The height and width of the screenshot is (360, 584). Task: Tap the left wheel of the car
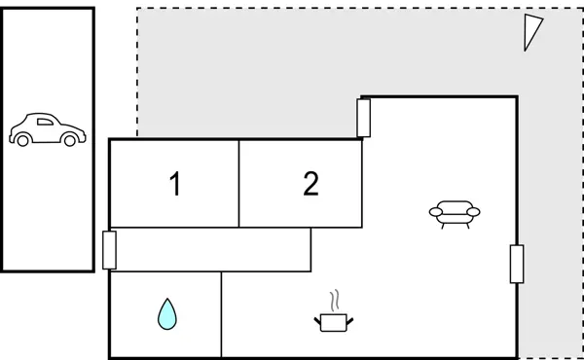click(x=23, y=141)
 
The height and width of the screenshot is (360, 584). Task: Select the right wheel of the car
click(x=68, y=141)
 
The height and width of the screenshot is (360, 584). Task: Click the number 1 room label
click(x=175, y=184)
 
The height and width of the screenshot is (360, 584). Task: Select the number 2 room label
click(x=310, y=184)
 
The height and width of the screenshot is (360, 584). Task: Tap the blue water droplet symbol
click(x=167, y=313)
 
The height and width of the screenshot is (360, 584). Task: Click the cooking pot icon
click(x=333, y=321)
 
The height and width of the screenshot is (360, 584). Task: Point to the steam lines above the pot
click(x=334, y=299)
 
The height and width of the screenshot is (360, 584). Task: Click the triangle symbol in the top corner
click(x=531, y=31)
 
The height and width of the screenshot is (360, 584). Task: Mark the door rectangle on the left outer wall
click(x=109, y=250)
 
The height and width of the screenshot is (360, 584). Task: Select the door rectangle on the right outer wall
click(x=517, y=264)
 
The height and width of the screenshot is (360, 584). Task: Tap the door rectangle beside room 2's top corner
click(x=364, y=119)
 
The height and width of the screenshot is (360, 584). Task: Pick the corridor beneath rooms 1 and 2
click(x=209, y=249)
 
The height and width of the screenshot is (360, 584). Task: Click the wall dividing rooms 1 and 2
click(x=239, y=184)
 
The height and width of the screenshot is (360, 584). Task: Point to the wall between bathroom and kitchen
click(x=222, y=314)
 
